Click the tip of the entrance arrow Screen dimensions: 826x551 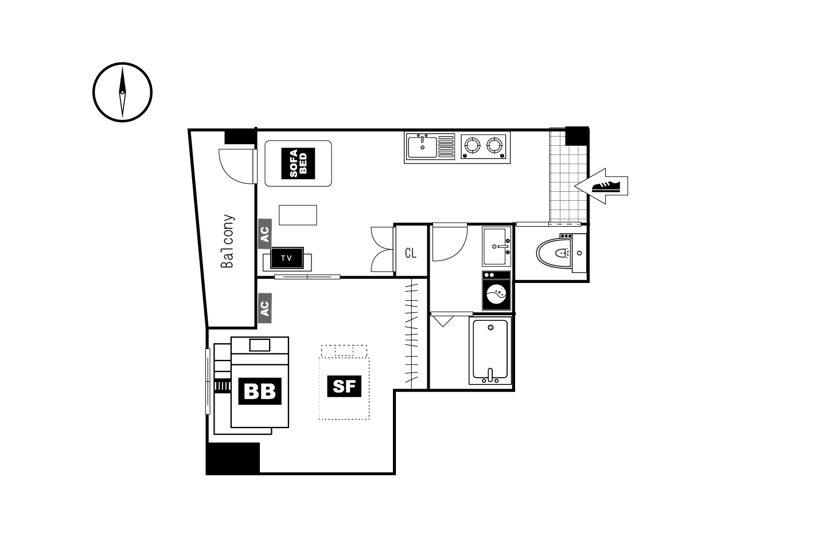coord(575,186)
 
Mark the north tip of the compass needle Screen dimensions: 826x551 coord(122,67)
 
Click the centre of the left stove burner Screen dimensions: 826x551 coord(472,145)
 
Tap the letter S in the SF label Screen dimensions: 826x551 coord(339,386)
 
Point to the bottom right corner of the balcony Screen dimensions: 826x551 coord(256,327)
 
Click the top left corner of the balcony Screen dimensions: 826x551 coord(189,130)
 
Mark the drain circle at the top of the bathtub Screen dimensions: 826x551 coord(490,327)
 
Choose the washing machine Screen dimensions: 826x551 coord(496,291)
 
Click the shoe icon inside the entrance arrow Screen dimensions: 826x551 coord(606,187)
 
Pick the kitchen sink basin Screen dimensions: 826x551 coord(422,148)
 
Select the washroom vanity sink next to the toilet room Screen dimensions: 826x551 coord(496,246)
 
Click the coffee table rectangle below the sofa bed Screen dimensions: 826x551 coord(298,215)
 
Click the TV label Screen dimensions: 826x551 coord(287,258)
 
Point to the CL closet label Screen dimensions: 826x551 coord(411,253)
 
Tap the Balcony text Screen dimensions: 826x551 coord(227,241)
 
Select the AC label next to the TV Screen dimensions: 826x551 coord(265,234)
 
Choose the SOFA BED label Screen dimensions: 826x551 coord(298,164)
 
